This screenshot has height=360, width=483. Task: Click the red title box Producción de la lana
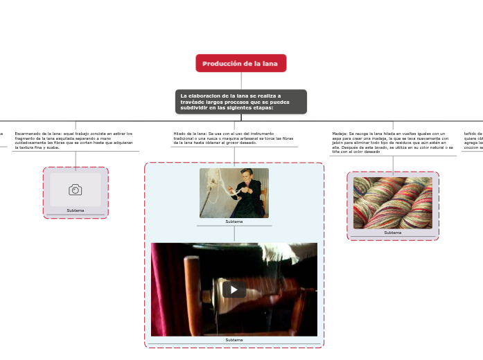(240, 63)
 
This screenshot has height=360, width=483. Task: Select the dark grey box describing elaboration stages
(240, 101)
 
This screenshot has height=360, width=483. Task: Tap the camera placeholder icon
(75, 189)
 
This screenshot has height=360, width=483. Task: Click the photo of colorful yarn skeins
(392, 202)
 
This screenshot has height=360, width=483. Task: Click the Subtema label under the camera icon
(75, 210)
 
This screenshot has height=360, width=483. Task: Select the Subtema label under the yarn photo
(392, 233)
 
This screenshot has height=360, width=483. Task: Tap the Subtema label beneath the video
(234, 340)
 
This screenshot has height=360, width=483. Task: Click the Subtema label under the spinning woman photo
(234, 222)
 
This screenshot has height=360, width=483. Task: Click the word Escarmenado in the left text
(27, 133)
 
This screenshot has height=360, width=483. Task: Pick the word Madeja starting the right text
(340, 133)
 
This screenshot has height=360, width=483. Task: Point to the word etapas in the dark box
(260, 107)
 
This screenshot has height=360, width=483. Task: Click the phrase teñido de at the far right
(473, 133)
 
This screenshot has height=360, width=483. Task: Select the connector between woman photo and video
(234, 234)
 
